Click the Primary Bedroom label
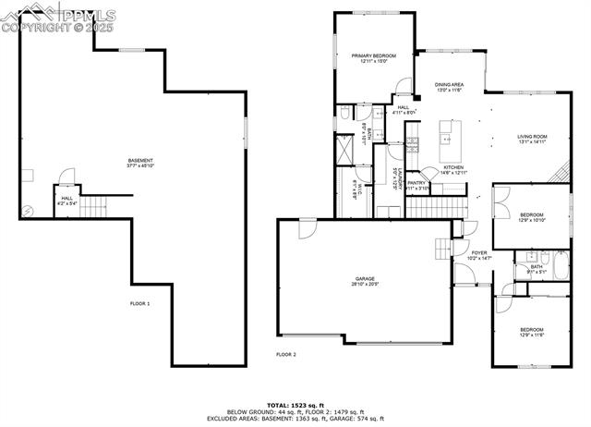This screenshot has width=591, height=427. pyautogui.click(x=368, y=58)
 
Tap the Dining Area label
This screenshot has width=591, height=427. pyautogui.click(x=450, y=87)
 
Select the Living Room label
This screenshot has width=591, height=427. pyautogui.click(x=532, y=139)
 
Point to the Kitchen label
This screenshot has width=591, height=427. pyautogui.click(x=453, y=169)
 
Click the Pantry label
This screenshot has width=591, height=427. pyautogui.click(x=416, y=185)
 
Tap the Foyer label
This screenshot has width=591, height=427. pyautogui.click(x=479, y=254)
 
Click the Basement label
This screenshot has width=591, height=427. pyautogui.click(x=140, y=163)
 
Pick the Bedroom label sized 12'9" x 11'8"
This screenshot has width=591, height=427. pyautogui.click(x=531, y=332)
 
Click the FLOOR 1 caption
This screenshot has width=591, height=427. pyautogui.click(x=139, y=303)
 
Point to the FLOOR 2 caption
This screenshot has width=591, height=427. pyautogui.click(x=286, y=354)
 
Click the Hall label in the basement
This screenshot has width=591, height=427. pyautogui.click(x=66, y=200)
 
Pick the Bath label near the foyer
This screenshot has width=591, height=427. pyautogui.click(x=537, y=269)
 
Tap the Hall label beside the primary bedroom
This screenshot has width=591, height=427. pyautogui.click(x=404, y=110)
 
